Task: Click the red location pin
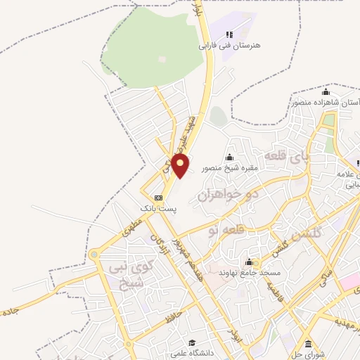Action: tap(181, 166)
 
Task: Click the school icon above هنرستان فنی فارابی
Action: tap(229, 34)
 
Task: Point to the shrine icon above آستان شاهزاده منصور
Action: tap(326, 92)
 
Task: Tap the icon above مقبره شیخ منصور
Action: tap(230, 157)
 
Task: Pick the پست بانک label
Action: tap(157, 209)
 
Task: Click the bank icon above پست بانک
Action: tap(158, 198)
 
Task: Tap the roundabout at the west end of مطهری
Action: tap(94, 255)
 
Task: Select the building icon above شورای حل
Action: tap(309, 344)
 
